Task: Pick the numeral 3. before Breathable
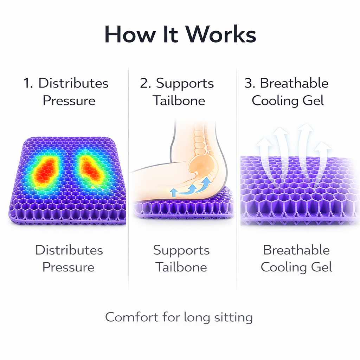250,84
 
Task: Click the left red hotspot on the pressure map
46,171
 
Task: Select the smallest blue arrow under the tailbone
173,192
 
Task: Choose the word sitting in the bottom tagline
233,318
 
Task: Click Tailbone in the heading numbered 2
179,101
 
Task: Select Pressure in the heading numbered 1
69,101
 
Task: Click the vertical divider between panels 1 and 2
128,176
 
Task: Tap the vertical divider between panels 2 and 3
237,176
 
